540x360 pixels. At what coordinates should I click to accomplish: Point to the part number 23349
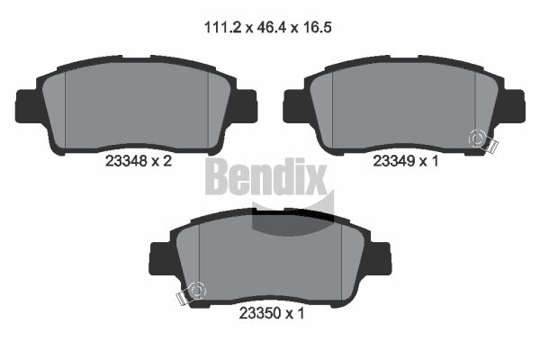coord(393,162)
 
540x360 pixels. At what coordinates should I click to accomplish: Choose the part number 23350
coord(257,314)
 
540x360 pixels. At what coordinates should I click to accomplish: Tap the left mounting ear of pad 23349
coord(293,105)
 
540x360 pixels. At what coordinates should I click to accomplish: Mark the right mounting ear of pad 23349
coord(513,105)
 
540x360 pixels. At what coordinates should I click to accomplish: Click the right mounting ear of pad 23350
coord(383,257)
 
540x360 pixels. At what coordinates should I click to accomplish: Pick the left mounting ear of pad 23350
coord(157,257)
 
